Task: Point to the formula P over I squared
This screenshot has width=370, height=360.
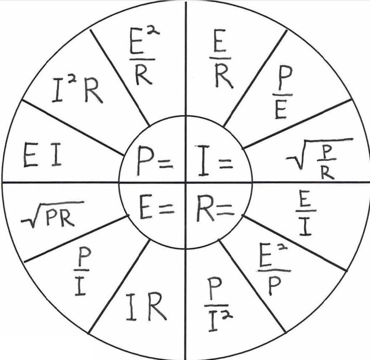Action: [219, 300]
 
